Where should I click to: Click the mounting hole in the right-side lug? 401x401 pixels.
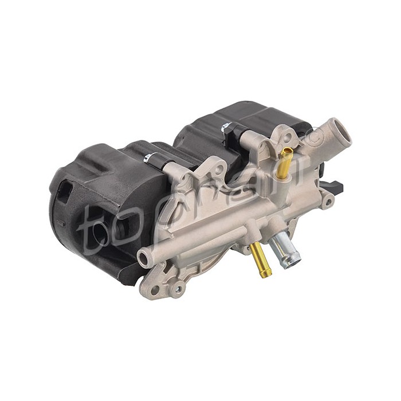(x=328, y=200)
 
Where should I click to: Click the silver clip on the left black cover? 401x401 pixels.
(x=150, y=158)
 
